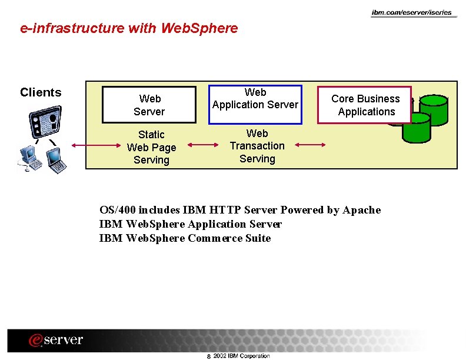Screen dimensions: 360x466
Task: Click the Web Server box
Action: coord(149,105)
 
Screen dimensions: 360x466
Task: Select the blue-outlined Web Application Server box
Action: coord(255,104)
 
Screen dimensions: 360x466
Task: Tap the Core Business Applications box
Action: coord(365,105)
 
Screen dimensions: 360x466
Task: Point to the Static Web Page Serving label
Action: coord(151,147)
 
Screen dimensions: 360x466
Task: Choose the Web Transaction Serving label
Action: coord(257,146)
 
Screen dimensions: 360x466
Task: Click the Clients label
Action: coord(41,92)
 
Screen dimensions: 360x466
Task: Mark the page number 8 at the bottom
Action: coord(208,356)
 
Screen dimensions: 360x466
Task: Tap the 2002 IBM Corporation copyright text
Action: coord(241,356)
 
